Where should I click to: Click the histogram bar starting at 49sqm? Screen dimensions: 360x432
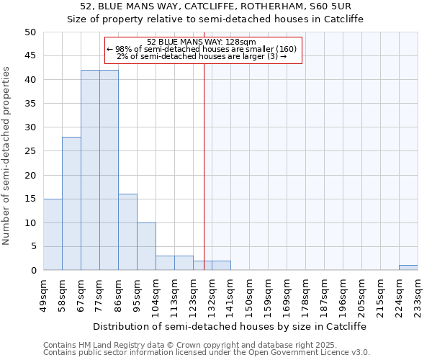point(53,235)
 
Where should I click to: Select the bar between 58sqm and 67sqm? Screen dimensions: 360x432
point(71,204)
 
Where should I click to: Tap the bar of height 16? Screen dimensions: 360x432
point(127,232)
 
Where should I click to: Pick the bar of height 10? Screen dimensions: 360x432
point(146,246)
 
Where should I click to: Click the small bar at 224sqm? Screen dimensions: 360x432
point(408,268)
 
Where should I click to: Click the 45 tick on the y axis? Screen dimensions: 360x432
point(30,56)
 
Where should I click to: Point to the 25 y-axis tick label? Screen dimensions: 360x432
point(30,151)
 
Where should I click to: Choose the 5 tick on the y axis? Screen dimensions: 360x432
point(32,247)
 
